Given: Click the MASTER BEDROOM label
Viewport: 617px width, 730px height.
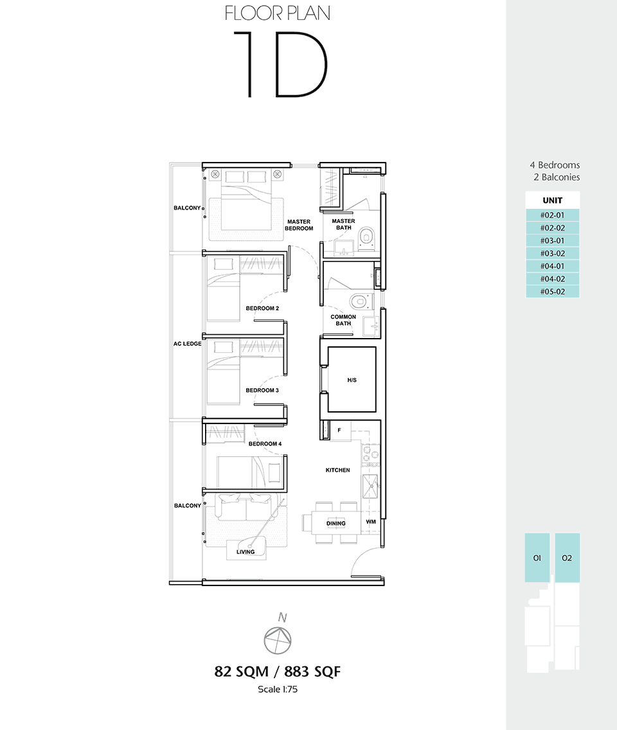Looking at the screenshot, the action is (299, 225).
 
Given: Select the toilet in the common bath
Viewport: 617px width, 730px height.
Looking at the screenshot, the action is (361, 301).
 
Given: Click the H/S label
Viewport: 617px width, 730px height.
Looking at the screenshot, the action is (352, 380).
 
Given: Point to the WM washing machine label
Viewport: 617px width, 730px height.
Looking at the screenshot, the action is (371, 521).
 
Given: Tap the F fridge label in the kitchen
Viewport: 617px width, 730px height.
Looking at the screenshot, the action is (339, 430).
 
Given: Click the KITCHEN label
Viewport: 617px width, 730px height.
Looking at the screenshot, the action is (337, 470).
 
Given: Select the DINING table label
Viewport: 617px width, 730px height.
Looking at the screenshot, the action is (335, 523).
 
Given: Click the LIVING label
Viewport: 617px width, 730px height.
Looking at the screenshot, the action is (246, 552).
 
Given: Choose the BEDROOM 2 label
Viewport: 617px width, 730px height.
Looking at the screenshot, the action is (262, 308).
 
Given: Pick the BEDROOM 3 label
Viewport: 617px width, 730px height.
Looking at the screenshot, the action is (262, 390).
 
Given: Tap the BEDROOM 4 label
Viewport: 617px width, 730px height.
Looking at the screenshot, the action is (265, 443).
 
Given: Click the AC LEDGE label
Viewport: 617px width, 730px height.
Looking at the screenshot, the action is (187, 344).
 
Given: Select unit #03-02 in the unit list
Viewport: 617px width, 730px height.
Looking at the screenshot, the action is (553, 253).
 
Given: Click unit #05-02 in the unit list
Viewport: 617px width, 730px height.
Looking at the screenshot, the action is (553, 292).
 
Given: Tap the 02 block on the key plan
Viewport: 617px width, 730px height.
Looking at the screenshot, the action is (567, 558).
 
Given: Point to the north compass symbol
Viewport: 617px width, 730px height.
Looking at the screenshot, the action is (278, 641).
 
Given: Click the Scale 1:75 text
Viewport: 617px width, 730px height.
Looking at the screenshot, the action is (278, 689).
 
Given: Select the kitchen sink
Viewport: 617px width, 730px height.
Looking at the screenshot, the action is (371, 486).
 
